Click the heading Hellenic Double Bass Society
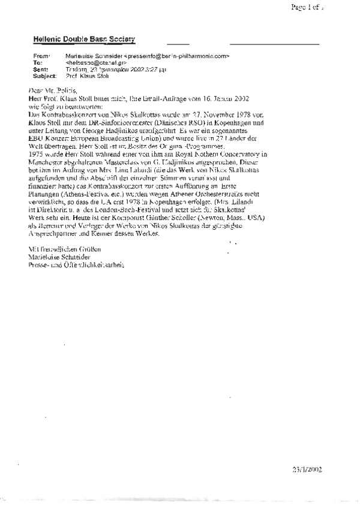[x=84, y=39]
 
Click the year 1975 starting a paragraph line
[x=37, y=154]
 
